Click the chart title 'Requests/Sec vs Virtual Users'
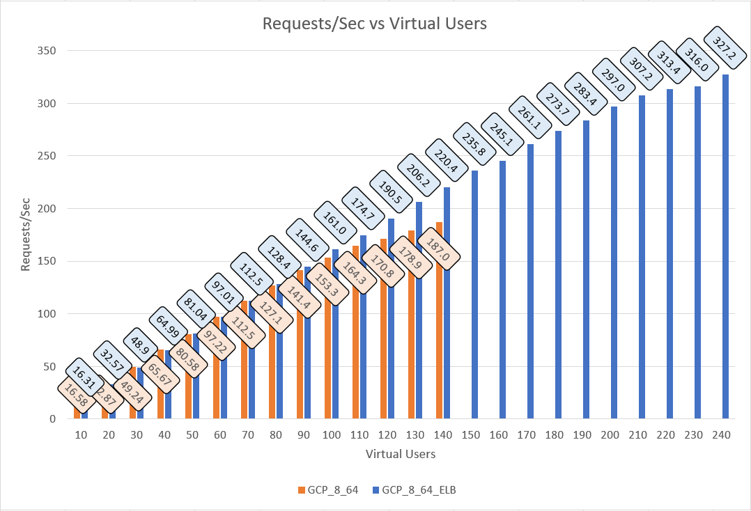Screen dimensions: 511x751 [374, 23]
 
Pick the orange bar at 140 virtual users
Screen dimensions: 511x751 [439, 320]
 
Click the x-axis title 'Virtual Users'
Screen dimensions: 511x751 [401, 454]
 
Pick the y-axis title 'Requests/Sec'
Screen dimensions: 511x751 [24, 234]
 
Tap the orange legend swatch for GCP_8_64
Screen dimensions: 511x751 [301, 490]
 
